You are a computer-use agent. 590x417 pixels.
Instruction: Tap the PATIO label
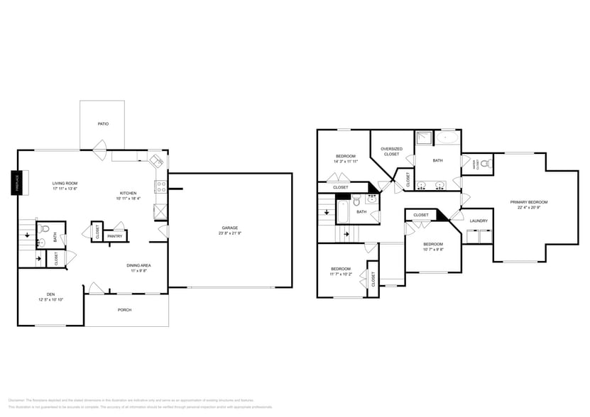point(103,124)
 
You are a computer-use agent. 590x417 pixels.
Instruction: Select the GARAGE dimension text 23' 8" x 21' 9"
point(230,233)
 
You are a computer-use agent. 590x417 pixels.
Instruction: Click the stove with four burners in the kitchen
point(161,188)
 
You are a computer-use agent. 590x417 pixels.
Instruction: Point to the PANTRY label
point(114,236)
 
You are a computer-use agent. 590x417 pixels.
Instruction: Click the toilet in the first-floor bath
point(44,229)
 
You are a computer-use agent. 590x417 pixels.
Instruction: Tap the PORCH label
point(124,310)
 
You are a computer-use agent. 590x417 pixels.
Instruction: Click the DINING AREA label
point(138,265)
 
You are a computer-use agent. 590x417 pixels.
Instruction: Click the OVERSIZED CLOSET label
point(391,151)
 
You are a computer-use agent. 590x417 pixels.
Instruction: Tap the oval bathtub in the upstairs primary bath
point(447,138)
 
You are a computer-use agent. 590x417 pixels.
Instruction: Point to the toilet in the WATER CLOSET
point(485,165)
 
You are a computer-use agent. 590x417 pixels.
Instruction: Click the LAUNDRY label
point(479,221)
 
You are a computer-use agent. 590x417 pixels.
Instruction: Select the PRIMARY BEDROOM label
point(529,202)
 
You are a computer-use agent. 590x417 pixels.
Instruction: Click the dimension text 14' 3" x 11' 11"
point(345,162)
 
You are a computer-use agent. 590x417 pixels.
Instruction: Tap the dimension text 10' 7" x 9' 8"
point(433,249)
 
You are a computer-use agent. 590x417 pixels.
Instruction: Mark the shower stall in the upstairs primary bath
point(424,138)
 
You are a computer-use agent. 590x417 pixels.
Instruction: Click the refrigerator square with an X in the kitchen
point(161,211)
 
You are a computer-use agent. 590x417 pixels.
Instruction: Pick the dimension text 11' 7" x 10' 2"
point(341,274)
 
